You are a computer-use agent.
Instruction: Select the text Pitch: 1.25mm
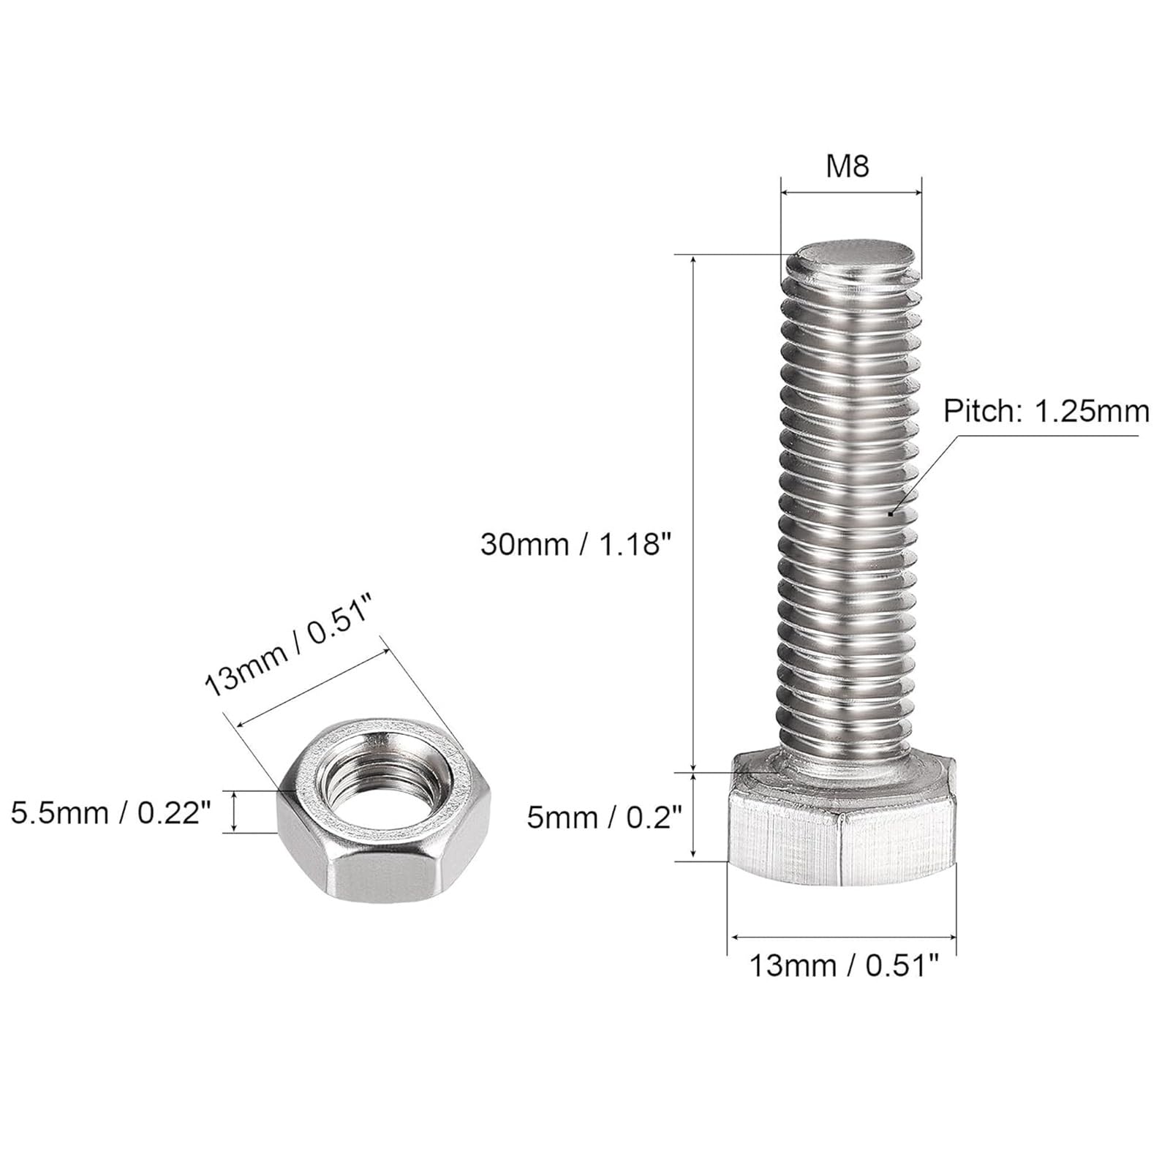click(x=1046, y=412)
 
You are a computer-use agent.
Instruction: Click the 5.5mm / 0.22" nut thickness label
click(x=112, y=812)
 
